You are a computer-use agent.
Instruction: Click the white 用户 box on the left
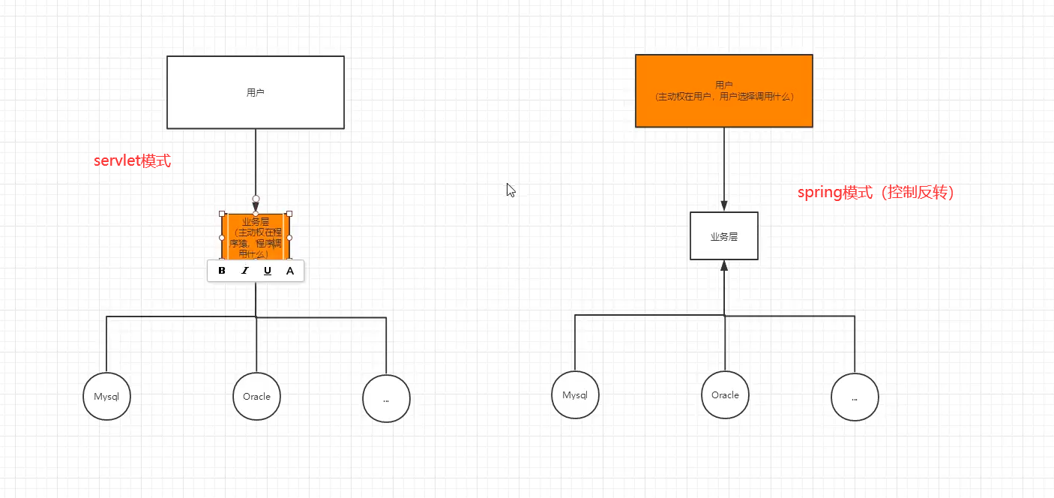pos(256,92)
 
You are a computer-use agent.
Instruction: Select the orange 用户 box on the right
pos(724,91)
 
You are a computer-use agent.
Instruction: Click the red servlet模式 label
pos(132,160)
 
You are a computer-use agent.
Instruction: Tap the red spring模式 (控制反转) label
pos(875,193)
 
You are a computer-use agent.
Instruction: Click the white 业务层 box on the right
pos(724,236)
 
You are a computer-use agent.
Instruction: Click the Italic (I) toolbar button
pos(244,271)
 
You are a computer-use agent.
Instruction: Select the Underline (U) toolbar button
pos(268,271)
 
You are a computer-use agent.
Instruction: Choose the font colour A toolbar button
pos(290,271)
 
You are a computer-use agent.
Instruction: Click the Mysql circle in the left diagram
pos(106,396)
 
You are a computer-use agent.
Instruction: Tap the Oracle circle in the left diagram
pos(256,396)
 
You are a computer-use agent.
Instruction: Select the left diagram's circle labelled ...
pos(386,399)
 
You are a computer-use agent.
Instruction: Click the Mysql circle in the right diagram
pos(575,394)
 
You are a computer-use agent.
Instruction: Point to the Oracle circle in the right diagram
pos(725,394)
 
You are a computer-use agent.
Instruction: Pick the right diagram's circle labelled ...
pos(855,397)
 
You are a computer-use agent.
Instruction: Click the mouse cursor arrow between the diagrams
pos(510,190)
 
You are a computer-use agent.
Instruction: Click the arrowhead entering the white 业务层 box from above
pos(724,206)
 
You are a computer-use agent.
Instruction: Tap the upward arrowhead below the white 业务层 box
pos(724,265)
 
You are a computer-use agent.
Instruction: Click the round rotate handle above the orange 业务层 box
pos(256,199)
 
